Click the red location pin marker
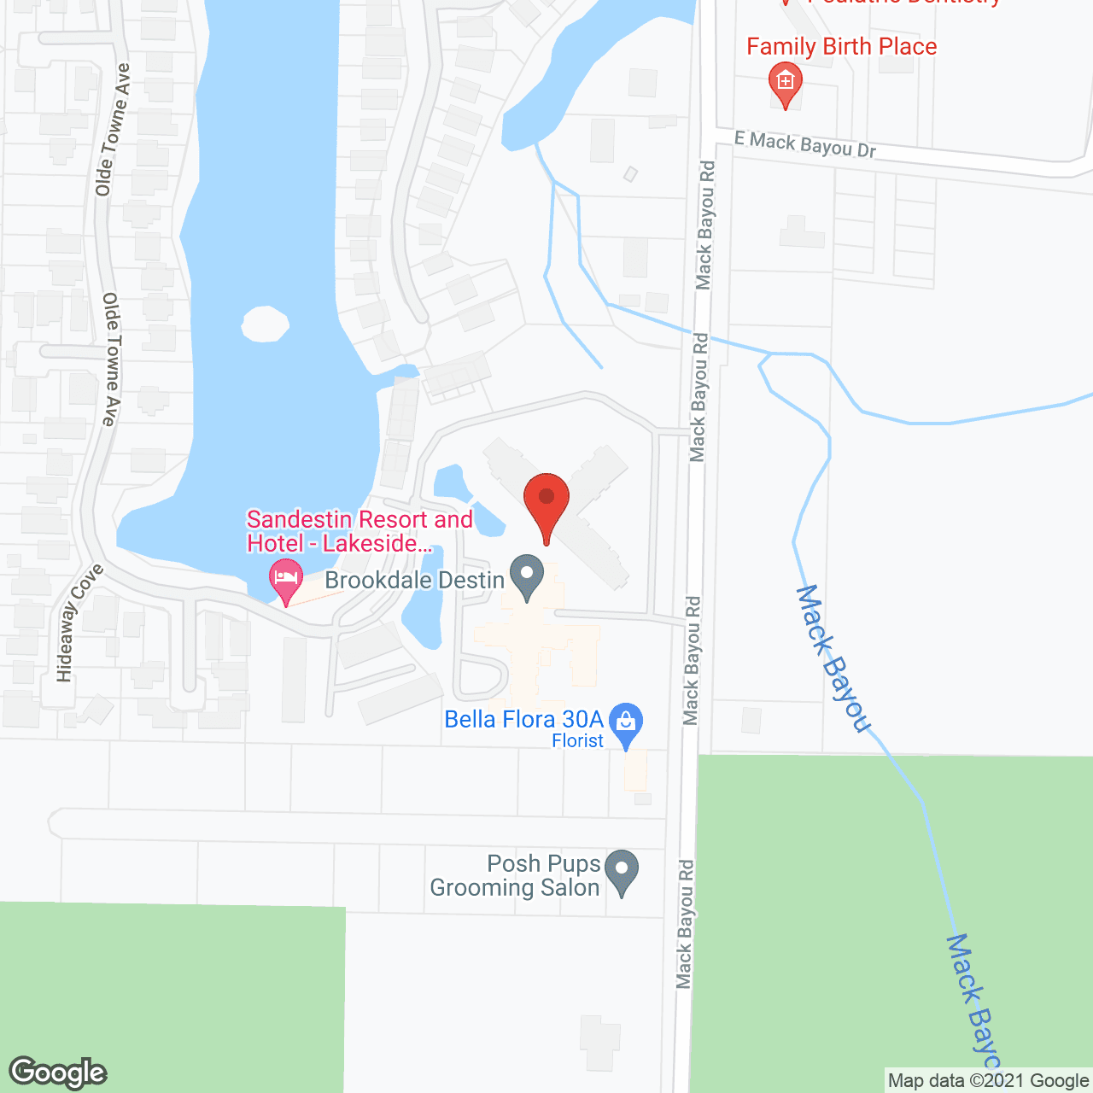click(x=546, y=500)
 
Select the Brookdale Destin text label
click(x=415, y=581)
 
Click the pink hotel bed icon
click(x=286, y=578)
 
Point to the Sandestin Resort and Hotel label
click(x=359, y=531)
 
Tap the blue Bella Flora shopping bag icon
click(x=627, y=722)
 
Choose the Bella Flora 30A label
click(x=523, y=719)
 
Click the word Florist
click(x=577, y=741)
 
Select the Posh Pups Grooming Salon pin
click(x=622, y=870)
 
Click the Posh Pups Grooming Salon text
click(x=515, y=876)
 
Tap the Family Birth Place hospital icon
click(x=785, y=84)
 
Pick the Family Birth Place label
click(x=841, y=47)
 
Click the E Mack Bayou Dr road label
click(x=805, y=144)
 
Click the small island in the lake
click(x=265, y=324)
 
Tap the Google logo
click(x=57, y=1073)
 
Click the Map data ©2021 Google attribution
click(x=988, y=1081)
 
